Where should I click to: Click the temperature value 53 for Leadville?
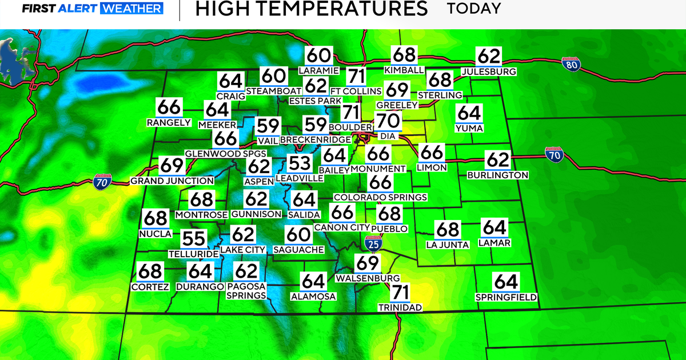299,164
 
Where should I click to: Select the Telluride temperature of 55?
194,239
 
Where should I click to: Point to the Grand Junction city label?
172,181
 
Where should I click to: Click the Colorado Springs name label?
380,197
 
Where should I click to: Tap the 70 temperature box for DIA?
388,122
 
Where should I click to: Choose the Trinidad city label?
400,307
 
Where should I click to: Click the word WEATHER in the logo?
132,9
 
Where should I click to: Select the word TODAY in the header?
474,9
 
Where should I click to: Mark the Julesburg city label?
489,72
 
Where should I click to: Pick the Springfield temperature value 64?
505,282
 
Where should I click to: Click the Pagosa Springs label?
246,291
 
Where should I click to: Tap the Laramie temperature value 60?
318,56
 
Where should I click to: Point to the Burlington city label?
497,175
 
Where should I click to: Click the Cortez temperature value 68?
150,272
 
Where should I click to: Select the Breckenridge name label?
315,140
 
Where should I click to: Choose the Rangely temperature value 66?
168,107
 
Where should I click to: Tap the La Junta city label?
448,245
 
